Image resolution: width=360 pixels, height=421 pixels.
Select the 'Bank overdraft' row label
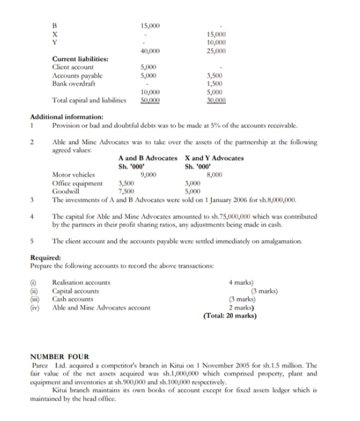click(73, 82)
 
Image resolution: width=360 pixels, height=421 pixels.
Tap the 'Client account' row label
click(73, 66)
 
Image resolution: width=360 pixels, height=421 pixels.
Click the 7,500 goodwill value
click(127, 192)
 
